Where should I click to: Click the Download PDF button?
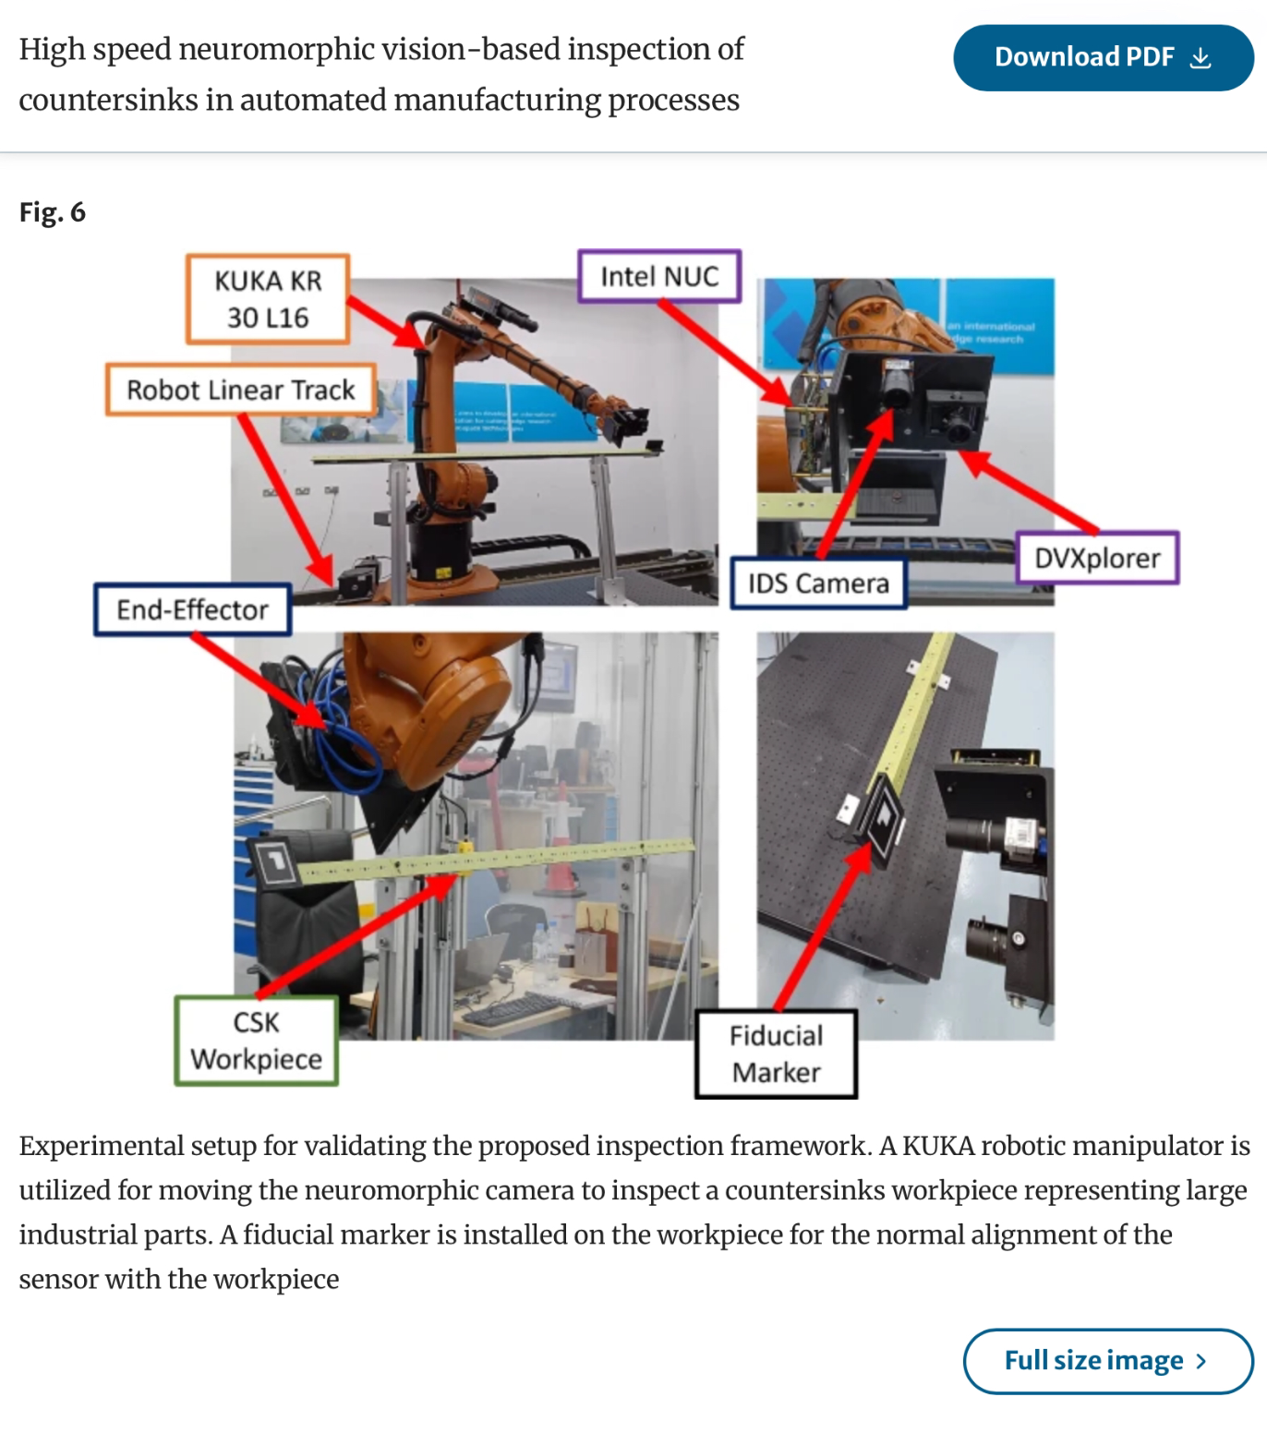[x=1103, y=57]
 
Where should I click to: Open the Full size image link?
[x=1107, y=1360]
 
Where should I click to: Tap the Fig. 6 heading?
[x=53, y=212]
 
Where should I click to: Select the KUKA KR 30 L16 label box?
[x=268, y=299]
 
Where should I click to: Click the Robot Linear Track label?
[x=240, y=390]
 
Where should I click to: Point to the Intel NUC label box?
[x=659, y=276]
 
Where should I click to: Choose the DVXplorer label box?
[x=1097, y=558]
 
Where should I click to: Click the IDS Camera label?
[x=818, y=584]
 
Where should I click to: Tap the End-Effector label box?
[x=192, y=609]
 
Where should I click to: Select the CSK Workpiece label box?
[x=256, y=1041]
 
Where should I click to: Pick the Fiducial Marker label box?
[x=776, y=1054]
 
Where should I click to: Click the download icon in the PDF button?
[x=1200, y=58]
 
